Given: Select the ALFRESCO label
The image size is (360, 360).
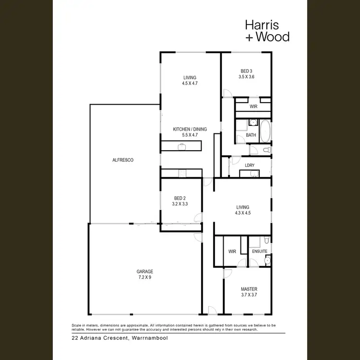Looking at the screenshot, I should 122,159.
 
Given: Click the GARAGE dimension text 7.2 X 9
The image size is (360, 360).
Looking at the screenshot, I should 144,277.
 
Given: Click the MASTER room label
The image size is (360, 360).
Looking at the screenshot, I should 249,289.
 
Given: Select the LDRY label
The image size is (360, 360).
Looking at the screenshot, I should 250,165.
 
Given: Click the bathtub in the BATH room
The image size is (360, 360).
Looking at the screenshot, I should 265,130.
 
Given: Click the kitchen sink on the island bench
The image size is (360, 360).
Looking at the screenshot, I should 182,147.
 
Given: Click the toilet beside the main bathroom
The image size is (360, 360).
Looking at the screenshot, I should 267,150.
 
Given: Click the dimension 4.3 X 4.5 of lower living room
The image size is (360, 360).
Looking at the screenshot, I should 243,212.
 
